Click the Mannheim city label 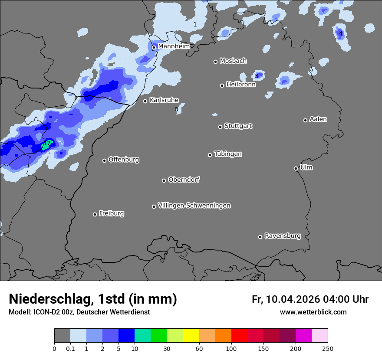tap(174, 46)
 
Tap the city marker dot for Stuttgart tap(220, 127)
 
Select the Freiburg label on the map tap(111, 213)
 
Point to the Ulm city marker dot tap(296, 168)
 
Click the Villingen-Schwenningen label tap(194, 206)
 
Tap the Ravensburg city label tap(282, 236)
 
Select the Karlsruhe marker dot tap(145, 101)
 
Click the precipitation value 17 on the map tap(47, 143)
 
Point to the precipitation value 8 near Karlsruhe tap(112, 87)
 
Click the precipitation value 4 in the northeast tap(341, 33)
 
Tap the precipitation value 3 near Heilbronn tap(257, 76)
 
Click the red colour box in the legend tap(239, 336)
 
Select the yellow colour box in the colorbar tap(191, 336)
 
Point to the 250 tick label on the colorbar tap(328, 348)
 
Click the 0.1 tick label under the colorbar tap(70, 348)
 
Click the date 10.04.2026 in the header tap(293, 299)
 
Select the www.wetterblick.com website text tap(313, 312)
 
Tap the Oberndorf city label tap(184, 180)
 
